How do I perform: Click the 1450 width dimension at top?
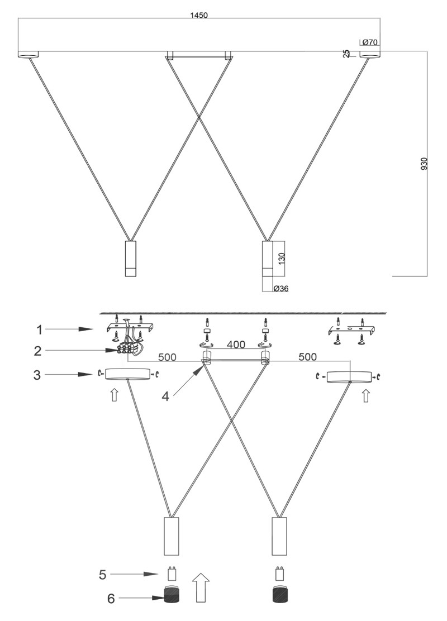pyautogui.click(x=199, y=16)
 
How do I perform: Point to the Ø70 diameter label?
pyautogui.click(x=369, y=42)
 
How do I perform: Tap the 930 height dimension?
pyautogui.click(x=424, y=164)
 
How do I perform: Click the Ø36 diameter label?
pyautogui.click(x=281, y=288)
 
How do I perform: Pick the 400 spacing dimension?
pyautogui.click(x=236, y=345)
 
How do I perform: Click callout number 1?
pyautogui.click(x=39, y=329)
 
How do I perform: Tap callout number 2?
pyautogui.click(x=37, y=351)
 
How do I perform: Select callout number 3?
pyautogui.click(x=37, y=375)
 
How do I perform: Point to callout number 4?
pyautogui.click(x=165, y=395)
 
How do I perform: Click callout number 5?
pyautogui.click(x=103, y=575)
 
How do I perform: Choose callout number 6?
pyautogui.click(x=111, y=599)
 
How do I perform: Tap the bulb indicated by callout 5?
pyautogui.click(x=171, y=574)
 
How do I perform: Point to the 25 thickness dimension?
pyautogui.click(x=347, y=54)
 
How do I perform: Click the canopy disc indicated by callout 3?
pyautogui.click(x=127, y=374)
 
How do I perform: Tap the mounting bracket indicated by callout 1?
pyautogui.click(x=130, y=329)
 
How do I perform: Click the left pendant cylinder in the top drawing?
pyautogui.click(x=130, y=258)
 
